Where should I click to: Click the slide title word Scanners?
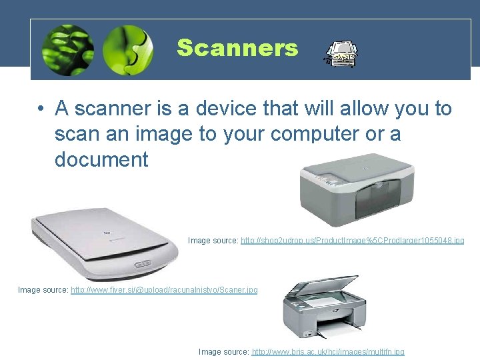tap(237, 48)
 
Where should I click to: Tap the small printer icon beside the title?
tap(341, 55)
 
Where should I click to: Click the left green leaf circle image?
tap(68, 50)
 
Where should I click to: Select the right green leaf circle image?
tap(128, 50)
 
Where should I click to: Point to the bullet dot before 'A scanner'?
tap(41, 109)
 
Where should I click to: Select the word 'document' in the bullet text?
tap(101, 159)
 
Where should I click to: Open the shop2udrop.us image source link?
tap(352, 240)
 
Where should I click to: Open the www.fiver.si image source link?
tap(164, 290)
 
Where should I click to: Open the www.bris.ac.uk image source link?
tap(327, 351)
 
